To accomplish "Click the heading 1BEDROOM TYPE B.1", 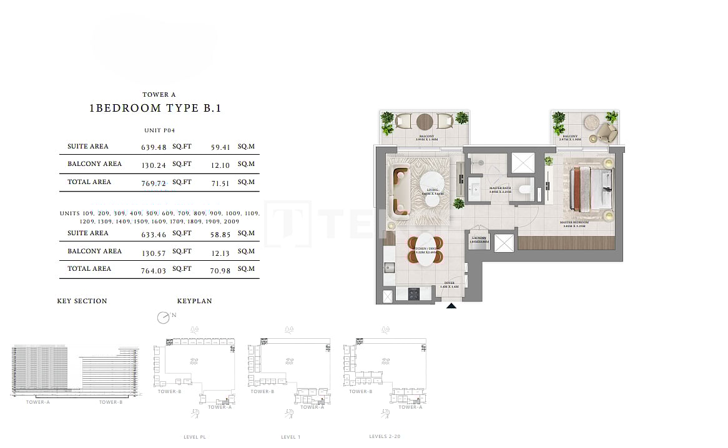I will tap(155, 108).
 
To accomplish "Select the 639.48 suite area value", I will tap(154, 148).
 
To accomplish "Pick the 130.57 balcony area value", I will tap(154, 252).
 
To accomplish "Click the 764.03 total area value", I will tap(154, 270).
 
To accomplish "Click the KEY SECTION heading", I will tap(82, 301).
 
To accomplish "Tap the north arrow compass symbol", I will tap(164, 318).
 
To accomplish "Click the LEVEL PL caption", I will tap(195, 437).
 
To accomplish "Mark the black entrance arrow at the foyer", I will tap(451, 306).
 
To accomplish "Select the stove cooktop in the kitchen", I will tap(414, 294).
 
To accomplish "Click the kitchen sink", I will tap(390, 268).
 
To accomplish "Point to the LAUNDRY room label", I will tap(479, 238).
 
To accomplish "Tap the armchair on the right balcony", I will tap(605, 131).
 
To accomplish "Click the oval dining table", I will tap(426, 250).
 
